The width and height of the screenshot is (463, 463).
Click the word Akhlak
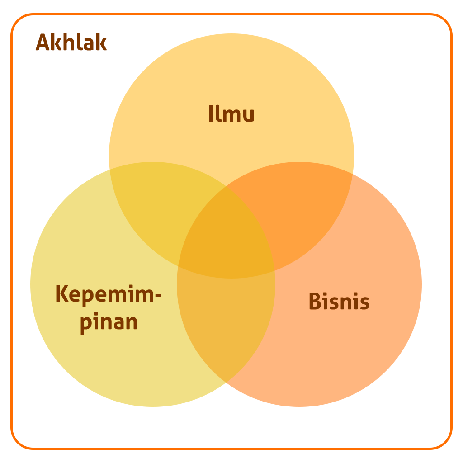[x=71, y=42]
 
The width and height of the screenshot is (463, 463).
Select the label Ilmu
[x=231, y=113]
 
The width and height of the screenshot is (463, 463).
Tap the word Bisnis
[x=339, y=301]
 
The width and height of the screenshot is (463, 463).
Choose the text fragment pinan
[x=109, y=322]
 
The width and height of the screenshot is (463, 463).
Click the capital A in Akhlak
[x=42, y=42]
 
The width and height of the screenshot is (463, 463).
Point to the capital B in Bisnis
[x=315, y=301]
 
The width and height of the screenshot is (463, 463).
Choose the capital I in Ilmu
[x=211, y=113]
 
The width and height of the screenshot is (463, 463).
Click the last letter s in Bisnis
[x=364, y=303]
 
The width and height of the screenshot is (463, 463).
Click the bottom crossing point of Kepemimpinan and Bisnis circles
[x=226, y=383]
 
